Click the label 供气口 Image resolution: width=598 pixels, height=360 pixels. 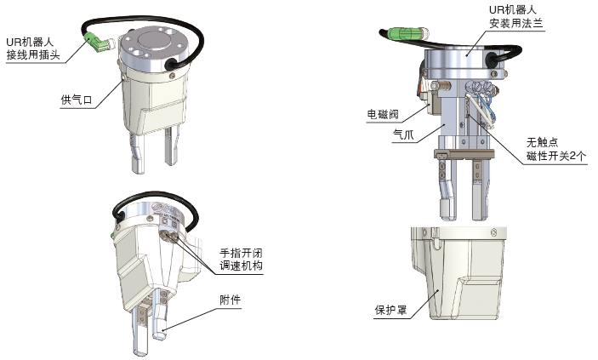(x=77, y=100)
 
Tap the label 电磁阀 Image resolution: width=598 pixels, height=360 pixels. (x=383, y=114)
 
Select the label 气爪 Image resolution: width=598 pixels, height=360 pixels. (x=403, y=134)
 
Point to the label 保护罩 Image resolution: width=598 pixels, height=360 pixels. (x=390, y=310)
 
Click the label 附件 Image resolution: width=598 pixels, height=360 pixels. (x=231, y=300)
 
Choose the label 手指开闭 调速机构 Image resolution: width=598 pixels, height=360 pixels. (x=241, y=260)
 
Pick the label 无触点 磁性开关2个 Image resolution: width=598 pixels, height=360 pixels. (x=556, y=149)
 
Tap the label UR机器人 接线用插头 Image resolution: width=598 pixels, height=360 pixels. (x=33, y=49)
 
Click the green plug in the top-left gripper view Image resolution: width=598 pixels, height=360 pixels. (x=95, y=41)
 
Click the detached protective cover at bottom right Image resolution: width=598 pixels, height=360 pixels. (x=458, y=273)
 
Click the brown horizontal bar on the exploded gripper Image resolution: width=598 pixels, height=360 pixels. (x=464, y=154)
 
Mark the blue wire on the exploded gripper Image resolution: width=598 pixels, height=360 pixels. (x=483, y=104)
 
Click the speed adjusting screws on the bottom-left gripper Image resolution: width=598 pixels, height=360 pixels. (x=170, y=237)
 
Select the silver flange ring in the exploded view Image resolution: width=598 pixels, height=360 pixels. (x=465, y=64)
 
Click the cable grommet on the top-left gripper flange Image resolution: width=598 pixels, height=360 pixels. (x=171, y=64)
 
